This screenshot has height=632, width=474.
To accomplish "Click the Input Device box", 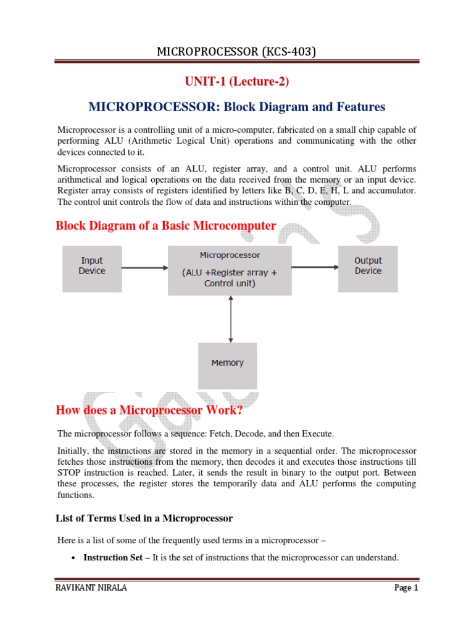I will pos(92,268).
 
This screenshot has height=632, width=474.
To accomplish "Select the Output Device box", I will pos(368,268).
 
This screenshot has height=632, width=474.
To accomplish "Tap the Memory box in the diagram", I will pos(227,364).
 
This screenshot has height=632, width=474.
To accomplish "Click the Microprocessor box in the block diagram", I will pos(230,269).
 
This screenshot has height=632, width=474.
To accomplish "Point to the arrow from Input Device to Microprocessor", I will pos(144,268).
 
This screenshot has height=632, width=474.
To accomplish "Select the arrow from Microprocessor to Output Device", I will pos(314,268).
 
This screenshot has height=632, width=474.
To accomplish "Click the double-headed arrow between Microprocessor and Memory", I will pos(230,318).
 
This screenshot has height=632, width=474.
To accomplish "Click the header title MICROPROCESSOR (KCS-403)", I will pos(236,52).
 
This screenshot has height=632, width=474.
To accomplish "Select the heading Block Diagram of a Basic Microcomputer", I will pos(165,226).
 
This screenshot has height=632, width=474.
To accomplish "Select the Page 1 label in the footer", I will pos(406,588).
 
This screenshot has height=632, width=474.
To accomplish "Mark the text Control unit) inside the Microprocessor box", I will pos(230,284).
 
